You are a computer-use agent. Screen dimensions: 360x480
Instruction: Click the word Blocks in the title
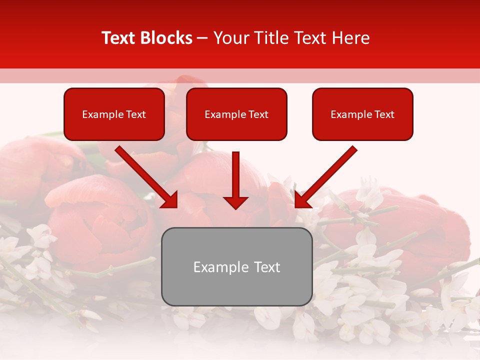167,38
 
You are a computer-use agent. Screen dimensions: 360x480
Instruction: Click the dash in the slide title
202,38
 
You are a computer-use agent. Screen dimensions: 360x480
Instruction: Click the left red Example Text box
114,114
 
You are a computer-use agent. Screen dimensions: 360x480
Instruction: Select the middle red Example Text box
236,114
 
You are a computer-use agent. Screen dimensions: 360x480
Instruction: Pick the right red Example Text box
362,114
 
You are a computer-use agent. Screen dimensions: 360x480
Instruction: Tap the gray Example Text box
236,266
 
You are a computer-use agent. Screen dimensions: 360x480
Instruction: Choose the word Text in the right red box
384,114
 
